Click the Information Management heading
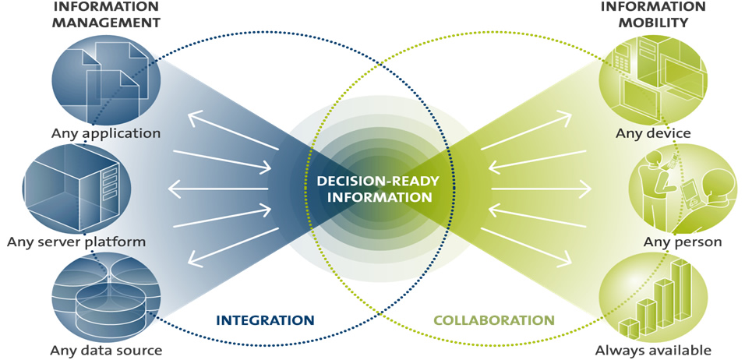(106, 15)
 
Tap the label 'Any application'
(106, 133)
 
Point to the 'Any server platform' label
(76, 242)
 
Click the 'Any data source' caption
(106, 350)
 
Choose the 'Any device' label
(653, 133)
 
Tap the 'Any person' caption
(683, 242)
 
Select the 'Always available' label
(653, 350)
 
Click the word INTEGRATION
(265, 320)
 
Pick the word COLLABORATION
(493, 320)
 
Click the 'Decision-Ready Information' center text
(378, 189)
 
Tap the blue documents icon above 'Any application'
(106, 78)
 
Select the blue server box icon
(76, 185)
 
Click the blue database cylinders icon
(106, 296)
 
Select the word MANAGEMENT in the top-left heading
(106, 23)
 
